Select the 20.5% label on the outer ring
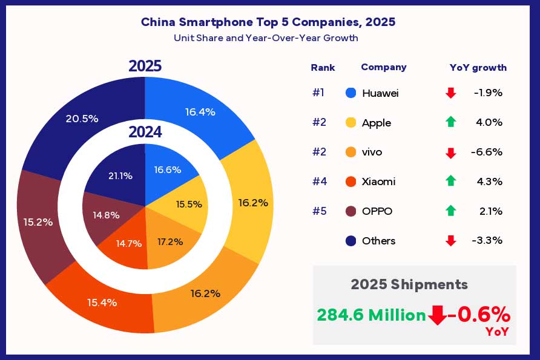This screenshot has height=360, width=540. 82,119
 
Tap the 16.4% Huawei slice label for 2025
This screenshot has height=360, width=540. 200,111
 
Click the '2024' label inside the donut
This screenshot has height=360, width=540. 145,132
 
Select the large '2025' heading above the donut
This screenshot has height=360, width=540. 145,66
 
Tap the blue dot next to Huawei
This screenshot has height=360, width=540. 350,93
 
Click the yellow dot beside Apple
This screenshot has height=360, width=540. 350,123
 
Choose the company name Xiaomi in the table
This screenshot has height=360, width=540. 380,182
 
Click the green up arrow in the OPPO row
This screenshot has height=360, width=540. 450,211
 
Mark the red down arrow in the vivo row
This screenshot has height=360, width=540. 450,152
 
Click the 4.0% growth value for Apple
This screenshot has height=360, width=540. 490,123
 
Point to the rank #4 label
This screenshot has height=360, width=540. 319,182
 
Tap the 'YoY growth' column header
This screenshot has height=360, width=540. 478,68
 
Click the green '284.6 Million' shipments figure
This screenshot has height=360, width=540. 371,315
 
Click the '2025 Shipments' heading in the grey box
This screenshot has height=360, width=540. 409,284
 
